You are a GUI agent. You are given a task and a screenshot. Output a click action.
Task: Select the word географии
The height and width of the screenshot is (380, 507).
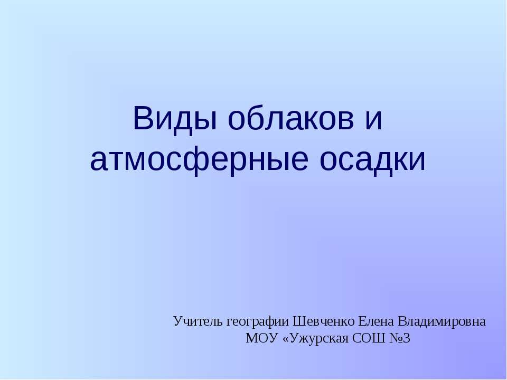(x=258, y=321)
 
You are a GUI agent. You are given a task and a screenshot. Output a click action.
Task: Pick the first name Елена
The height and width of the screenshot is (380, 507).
(x=375, y=321)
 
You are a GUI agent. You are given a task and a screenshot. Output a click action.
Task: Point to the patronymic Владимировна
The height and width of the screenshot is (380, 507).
(x=441, y=321)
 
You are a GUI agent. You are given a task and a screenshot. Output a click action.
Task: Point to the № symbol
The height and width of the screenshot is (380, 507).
(x=396, y=338)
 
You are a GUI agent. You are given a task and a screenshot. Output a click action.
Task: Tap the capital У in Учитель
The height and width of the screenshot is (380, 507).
(x=177, y=321)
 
